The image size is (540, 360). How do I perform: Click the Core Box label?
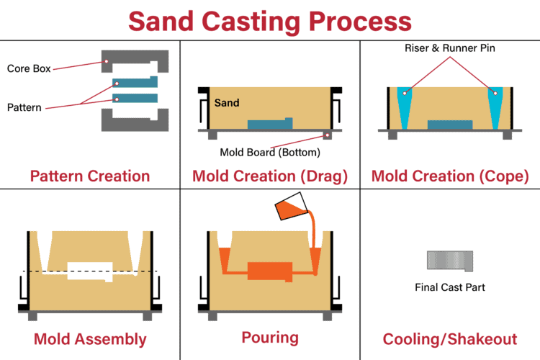[x=28, y=69]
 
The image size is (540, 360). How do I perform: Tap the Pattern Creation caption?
[x=89, y=176]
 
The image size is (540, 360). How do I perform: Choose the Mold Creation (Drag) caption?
[x=270, y=176]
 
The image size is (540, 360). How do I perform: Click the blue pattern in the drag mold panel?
[x=270, y=124]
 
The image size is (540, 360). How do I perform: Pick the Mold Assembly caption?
[x=89, y=339]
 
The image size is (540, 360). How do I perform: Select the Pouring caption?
[x=270, y=336]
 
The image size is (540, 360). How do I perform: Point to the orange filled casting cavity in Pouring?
[x=270, y=271]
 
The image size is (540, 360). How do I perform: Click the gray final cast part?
[x=449, y=260]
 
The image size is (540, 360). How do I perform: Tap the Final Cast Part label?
[x=449, y=287]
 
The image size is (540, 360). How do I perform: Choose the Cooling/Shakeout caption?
[x=449, y=339]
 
